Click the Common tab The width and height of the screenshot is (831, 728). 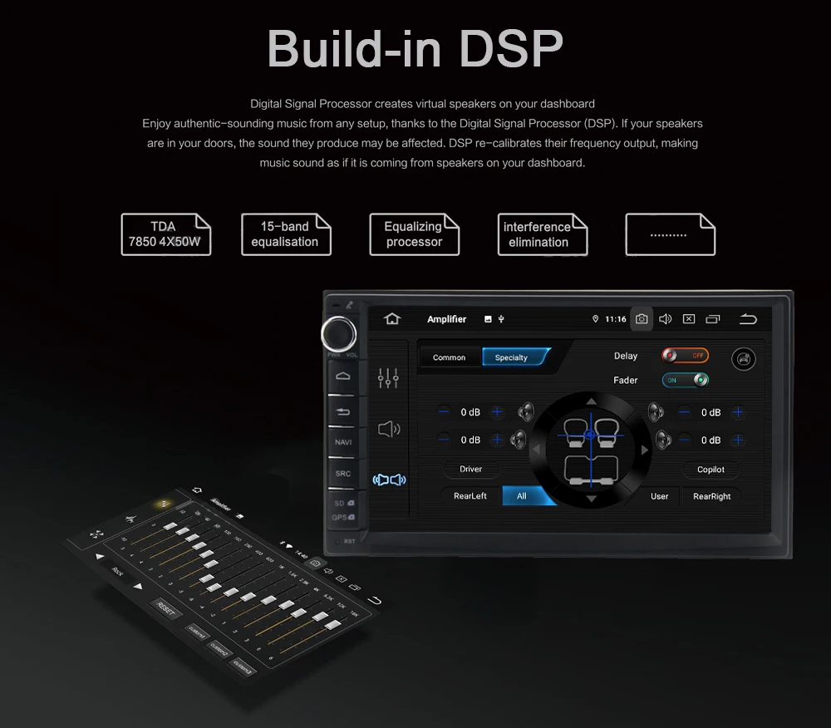point(449,357)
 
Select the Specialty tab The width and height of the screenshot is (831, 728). point(512,357)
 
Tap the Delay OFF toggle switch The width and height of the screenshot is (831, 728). point(686,356)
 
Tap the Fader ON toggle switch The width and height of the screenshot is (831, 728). point(686,380)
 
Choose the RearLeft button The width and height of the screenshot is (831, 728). point(470,496)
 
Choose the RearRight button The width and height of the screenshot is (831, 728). point(711,496)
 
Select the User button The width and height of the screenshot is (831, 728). point(659,496)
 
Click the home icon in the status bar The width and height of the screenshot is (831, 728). point(392,319)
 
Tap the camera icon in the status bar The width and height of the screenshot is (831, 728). point(642,319)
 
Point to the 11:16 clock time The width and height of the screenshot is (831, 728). point(616,319)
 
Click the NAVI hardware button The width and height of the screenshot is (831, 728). point(343,442)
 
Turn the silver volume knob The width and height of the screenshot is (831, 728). point(339,333)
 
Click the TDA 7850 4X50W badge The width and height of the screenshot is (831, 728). point(165,234)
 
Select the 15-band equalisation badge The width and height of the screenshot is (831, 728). point(285,234)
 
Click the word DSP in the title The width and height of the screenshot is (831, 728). point(511,50)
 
